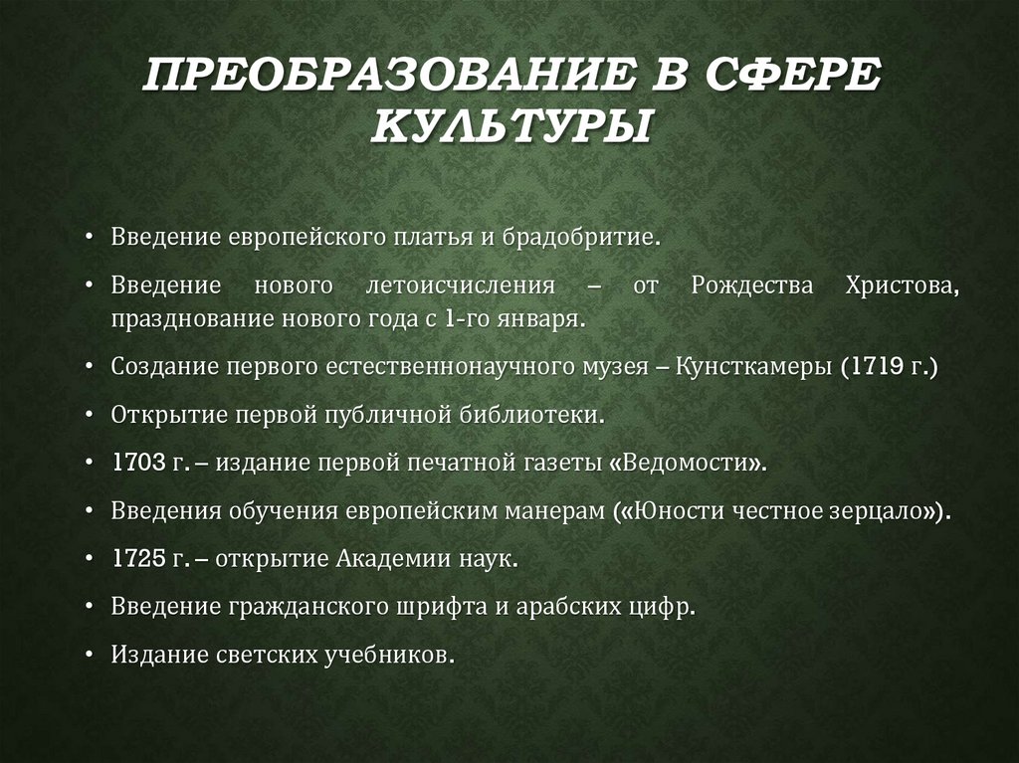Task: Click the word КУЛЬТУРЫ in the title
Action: [509, 126]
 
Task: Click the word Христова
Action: [904, 286]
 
